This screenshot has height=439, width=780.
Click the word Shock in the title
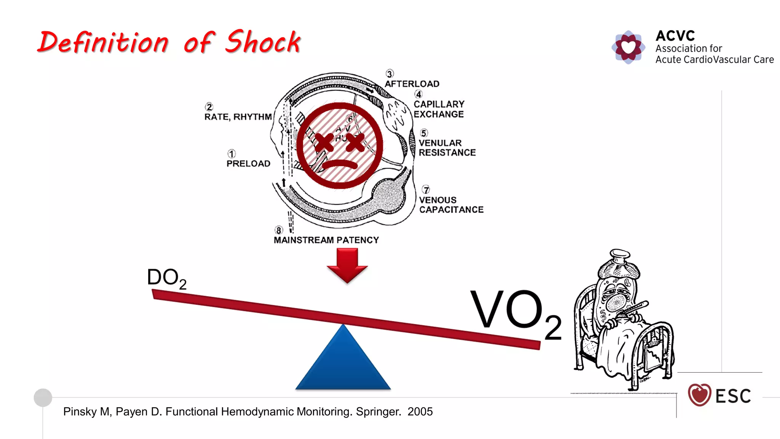pyautogui.click(x=263, y=42)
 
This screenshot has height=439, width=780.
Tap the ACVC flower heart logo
pyautogui.click(x=628, y=47)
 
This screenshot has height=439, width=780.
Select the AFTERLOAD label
pyautogui.click(x=412, y=84)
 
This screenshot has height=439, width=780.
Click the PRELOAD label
pyautogui.click(x=248, y=163)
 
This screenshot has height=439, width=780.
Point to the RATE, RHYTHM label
pyautogui.click(x=238, y=117)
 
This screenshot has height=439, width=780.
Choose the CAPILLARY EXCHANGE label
pyautogui.click(x=439, y=109)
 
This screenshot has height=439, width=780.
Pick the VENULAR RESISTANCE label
pyautogui.click(x=447, y=147)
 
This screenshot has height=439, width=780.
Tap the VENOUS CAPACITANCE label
pyautogui.click(x=451, y=205)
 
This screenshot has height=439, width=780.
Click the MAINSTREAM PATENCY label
pyautogui.click(x=326, y=240)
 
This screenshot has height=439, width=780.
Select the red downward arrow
pyautogui.click(x=347, y=265)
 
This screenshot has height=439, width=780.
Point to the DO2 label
pyautogui.click(x=166, y=278)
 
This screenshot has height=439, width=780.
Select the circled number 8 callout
pyautogui.click(x=279, y=230)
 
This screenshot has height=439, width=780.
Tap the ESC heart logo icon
pyautogui.click(x=699, y=395)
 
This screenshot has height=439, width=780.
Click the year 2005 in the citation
pyautogui.click(x=420, y=412)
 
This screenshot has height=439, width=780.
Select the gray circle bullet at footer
pyautogui.click(x=43, y=397)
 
